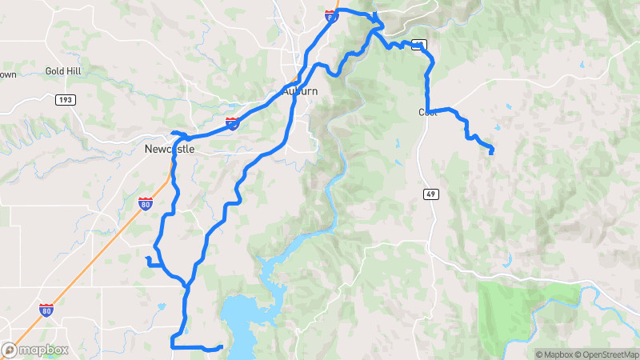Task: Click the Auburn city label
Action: coord(300,91)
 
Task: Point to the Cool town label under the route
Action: coord(427,113)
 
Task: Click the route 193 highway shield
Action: coord(65,100)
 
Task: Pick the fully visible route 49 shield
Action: coord(430,194)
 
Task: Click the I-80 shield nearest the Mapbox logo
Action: coord(46,310)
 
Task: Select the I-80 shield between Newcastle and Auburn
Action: coord(232,122)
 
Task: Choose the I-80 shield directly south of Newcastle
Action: coord(145,203)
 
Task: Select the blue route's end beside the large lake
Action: coord(221,347)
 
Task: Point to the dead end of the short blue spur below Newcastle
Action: coord(146,258)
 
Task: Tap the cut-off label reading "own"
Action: coord(7,75)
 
